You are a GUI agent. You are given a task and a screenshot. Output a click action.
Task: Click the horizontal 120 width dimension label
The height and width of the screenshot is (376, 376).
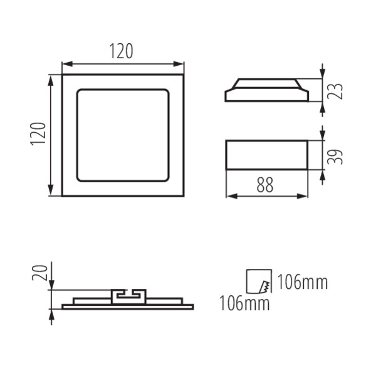121,51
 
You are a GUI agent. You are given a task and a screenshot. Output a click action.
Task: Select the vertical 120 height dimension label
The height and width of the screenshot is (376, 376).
38,134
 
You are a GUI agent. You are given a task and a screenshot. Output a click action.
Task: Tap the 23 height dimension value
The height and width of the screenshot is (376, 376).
335,91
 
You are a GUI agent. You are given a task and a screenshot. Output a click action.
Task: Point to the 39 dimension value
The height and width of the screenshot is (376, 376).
335,157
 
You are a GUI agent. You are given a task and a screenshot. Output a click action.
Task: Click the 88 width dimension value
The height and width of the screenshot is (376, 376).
265,185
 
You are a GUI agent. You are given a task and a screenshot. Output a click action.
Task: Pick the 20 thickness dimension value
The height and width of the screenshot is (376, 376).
40,273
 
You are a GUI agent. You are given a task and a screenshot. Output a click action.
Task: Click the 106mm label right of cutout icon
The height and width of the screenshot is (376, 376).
303,283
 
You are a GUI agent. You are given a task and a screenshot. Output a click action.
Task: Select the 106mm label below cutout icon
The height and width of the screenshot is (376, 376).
244,303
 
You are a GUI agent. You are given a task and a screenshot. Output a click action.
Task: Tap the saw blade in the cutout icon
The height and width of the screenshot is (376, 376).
264,287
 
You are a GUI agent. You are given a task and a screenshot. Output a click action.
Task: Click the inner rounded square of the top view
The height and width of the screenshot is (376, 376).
123,89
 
